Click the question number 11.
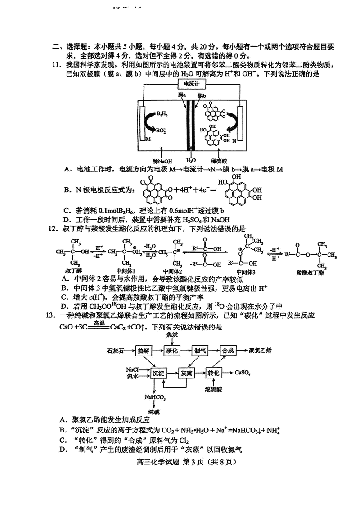[57, 65]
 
